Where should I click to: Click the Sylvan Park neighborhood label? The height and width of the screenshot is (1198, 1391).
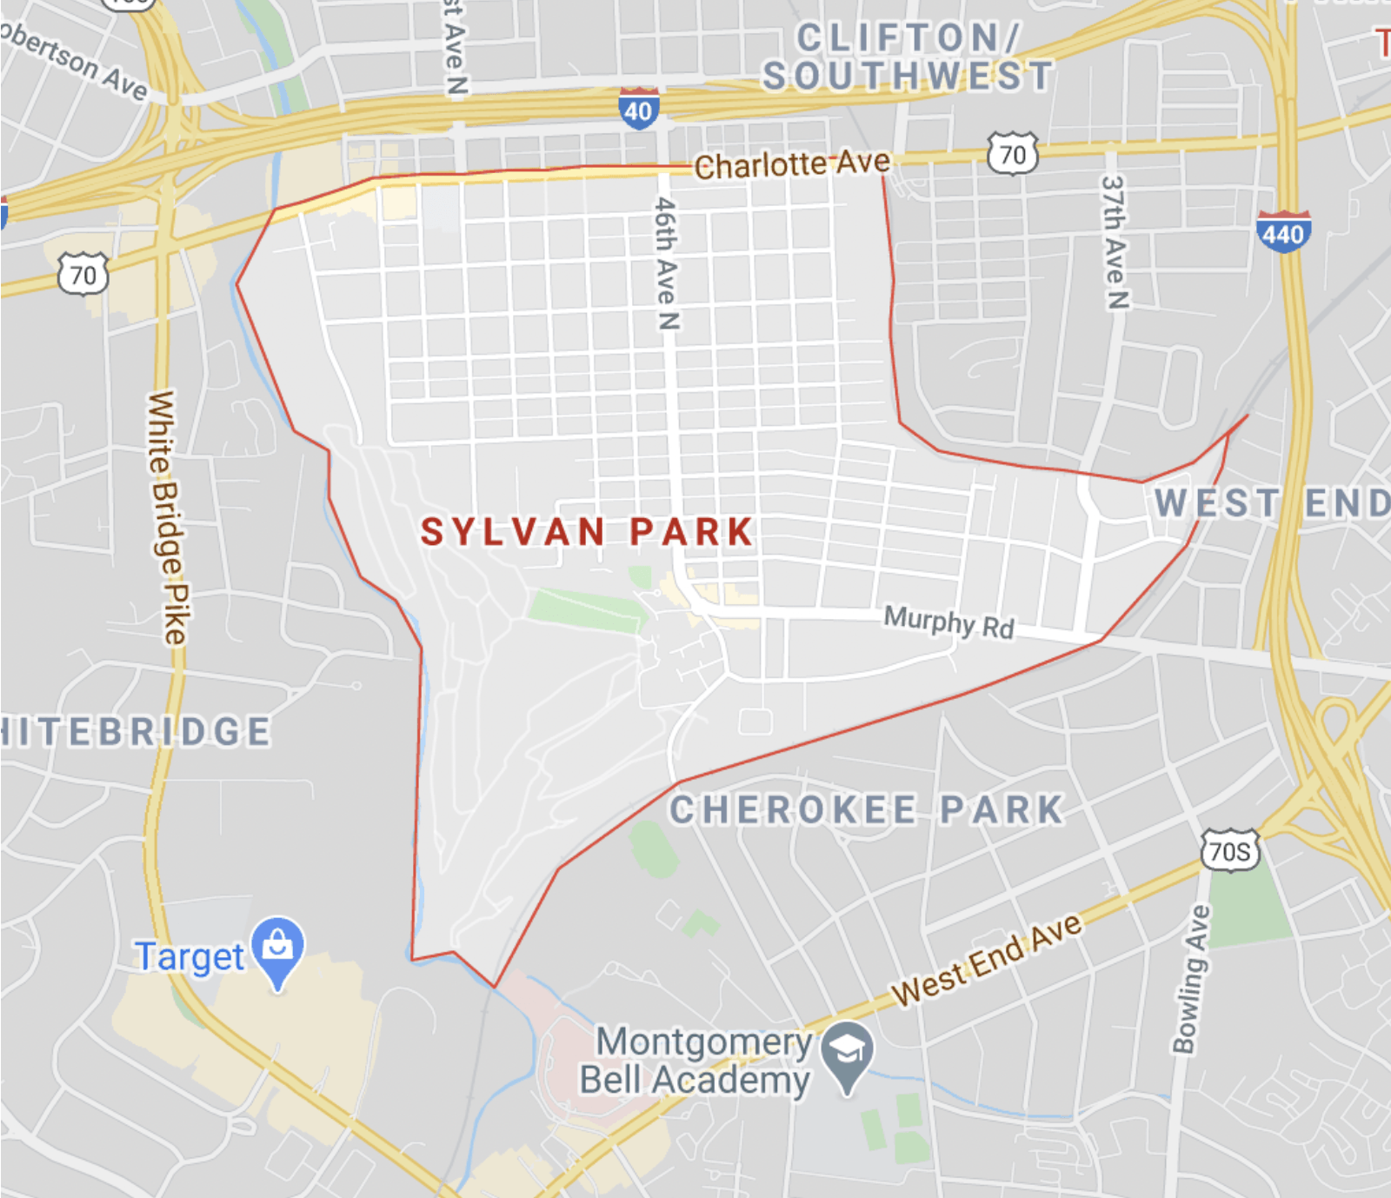587,532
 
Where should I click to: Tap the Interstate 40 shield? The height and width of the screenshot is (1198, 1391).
639,110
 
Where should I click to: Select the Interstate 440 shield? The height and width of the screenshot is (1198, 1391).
1283,232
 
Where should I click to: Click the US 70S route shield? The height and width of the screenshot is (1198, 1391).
1230,850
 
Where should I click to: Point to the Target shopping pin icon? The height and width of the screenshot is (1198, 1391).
278,948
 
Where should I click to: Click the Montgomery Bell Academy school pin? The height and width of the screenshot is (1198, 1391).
848,1054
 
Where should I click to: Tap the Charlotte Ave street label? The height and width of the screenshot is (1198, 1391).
792,163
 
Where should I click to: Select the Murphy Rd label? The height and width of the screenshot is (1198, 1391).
948,622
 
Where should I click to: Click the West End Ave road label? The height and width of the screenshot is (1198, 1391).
987,959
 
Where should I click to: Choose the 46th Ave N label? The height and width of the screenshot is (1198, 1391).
666,263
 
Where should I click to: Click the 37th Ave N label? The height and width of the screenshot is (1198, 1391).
1115,243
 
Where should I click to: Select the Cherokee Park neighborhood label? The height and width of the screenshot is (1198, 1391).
867,810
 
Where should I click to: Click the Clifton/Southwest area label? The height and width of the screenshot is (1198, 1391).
908,57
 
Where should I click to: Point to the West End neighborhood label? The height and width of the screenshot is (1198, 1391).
1271,503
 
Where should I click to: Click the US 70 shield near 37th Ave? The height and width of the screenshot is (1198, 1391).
1013,154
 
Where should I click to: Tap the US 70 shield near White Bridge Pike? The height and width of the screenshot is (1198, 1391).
83,275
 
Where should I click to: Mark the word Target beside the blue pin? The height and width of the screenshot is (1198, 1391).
190,956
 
